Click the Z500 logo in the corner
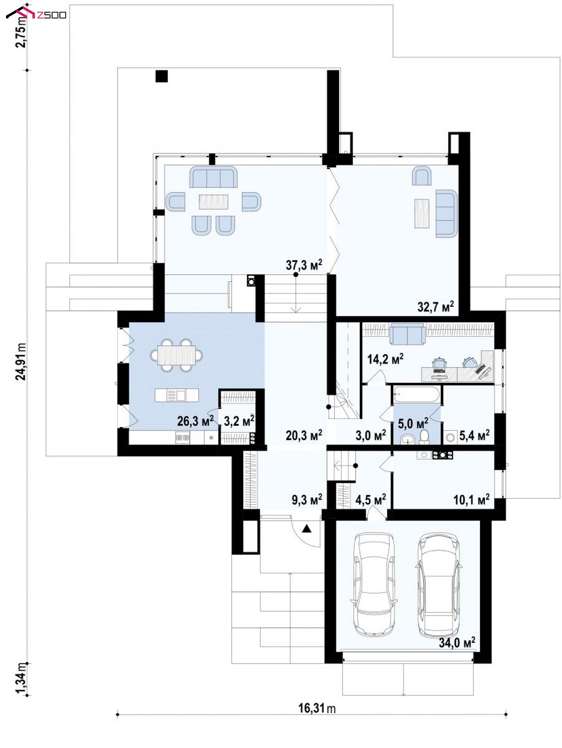tap(36, 14)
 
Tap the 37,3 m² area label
tap(304, 265)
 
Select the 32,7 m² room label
tap(435, 307)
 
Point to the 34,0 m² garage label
tap(457, 643)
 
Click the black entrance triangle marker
tap(306, 528)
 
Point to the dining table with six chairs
tap(176, 355)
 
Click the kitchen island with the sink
tap(177, 395)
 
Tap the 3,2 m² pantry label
tap(239, 421)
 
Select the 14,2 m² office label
tap(385, 359)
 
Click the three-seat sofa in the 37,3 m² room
tap(213, 177)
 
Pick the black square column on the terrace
tap(161, 76)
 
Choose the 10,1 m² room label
tap(471, 499)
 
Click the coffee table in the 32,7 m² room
tap(422, 213)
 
